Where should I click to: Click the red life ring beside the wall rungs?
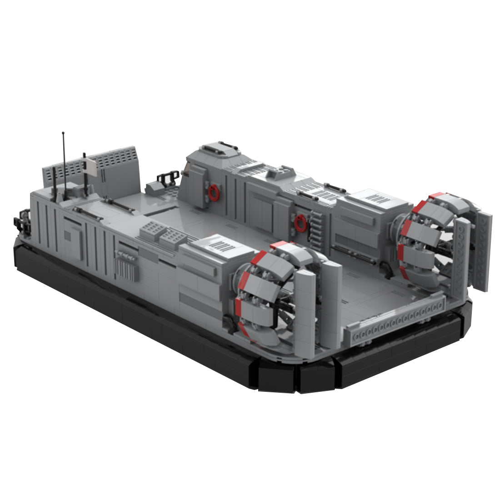[300, 223]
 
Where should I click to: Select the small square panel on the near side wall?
[67, 235]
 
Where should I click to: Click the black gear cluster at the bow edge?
[21, 223]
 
